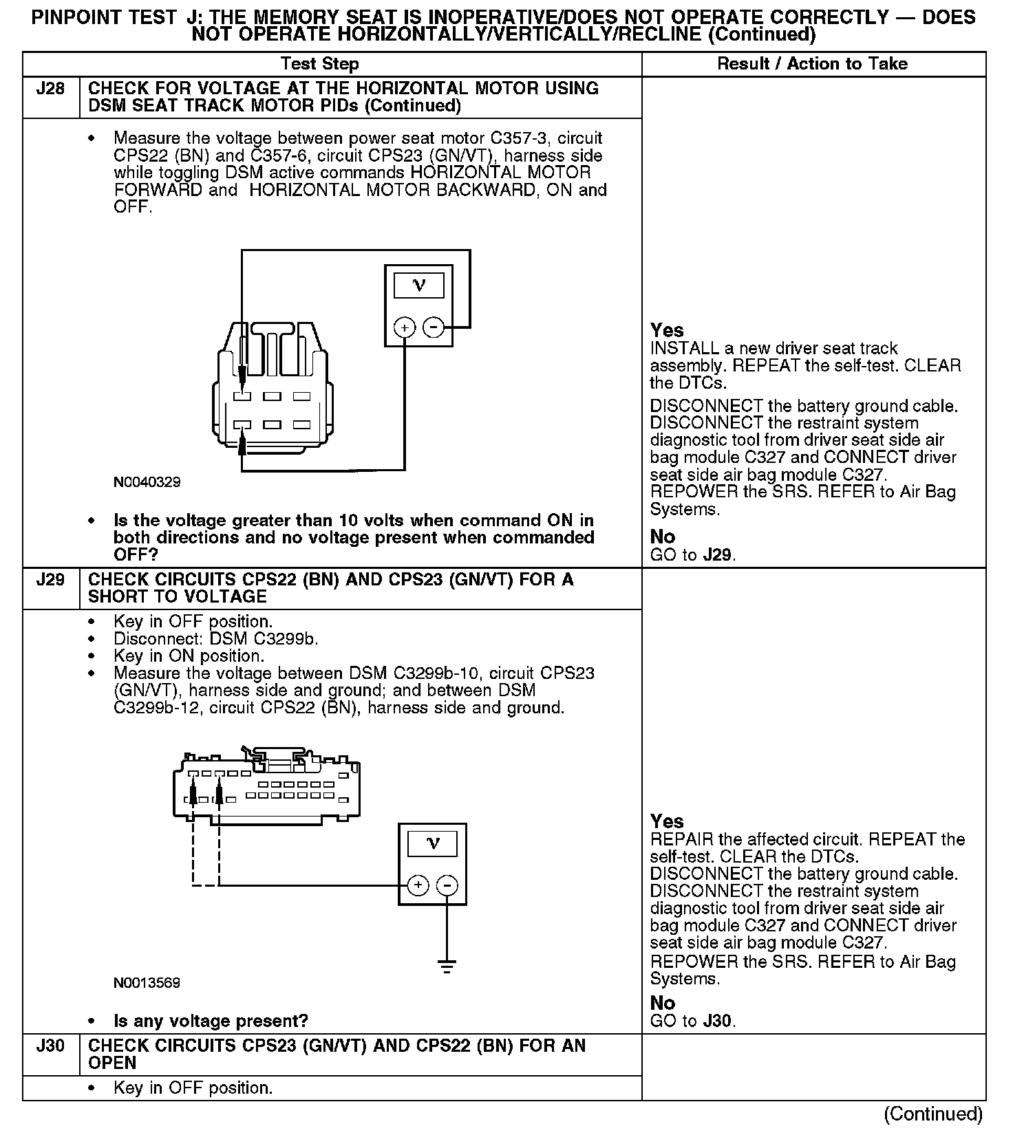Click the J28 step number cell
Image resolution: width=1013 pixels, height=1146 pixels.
50,89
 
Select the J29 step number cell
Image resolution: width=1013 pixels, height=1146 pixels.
50,580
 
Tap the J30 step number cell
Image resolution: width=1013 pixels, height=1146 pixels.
50,1046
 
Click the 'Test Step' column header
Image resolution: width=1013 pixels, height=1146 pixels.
319,64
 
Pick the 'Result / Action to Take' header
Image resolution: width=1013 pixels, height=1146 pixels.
812,64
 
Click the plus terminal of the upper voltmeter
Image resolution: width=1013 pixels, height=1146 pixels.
405,327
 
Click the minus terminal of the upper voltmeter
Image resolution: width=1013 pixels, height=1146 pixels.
433,327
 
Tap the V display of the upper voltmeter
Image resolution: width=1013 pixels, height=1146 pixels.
418,285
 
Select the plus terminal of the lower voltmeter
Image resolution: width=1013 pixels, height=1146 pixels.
418,885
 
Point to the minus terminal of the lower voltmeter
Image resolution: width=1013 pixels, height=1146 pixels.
447,885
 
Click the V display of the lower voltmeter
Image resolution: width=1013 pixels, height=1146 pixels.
432,843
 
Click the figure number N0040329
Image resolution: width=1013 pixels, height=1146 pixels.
147,482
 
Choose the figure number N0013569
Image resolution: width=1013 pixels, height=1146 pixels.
147,983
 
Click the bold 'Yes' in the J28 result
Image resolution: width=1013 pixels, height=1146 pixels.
667,330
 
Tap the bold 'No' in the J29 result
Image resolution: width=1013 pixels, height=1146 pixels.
663,1003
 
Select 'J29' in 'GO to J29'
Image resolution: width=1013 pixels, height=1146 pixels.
718,555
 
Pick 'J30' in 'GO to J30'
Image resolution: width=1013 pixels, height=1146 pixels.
718,1021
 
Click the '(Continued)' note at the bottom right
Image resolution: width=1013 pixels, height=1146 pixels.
933,1114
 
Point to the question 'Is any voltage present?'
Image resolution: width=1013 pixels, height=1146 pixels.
211,1021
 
